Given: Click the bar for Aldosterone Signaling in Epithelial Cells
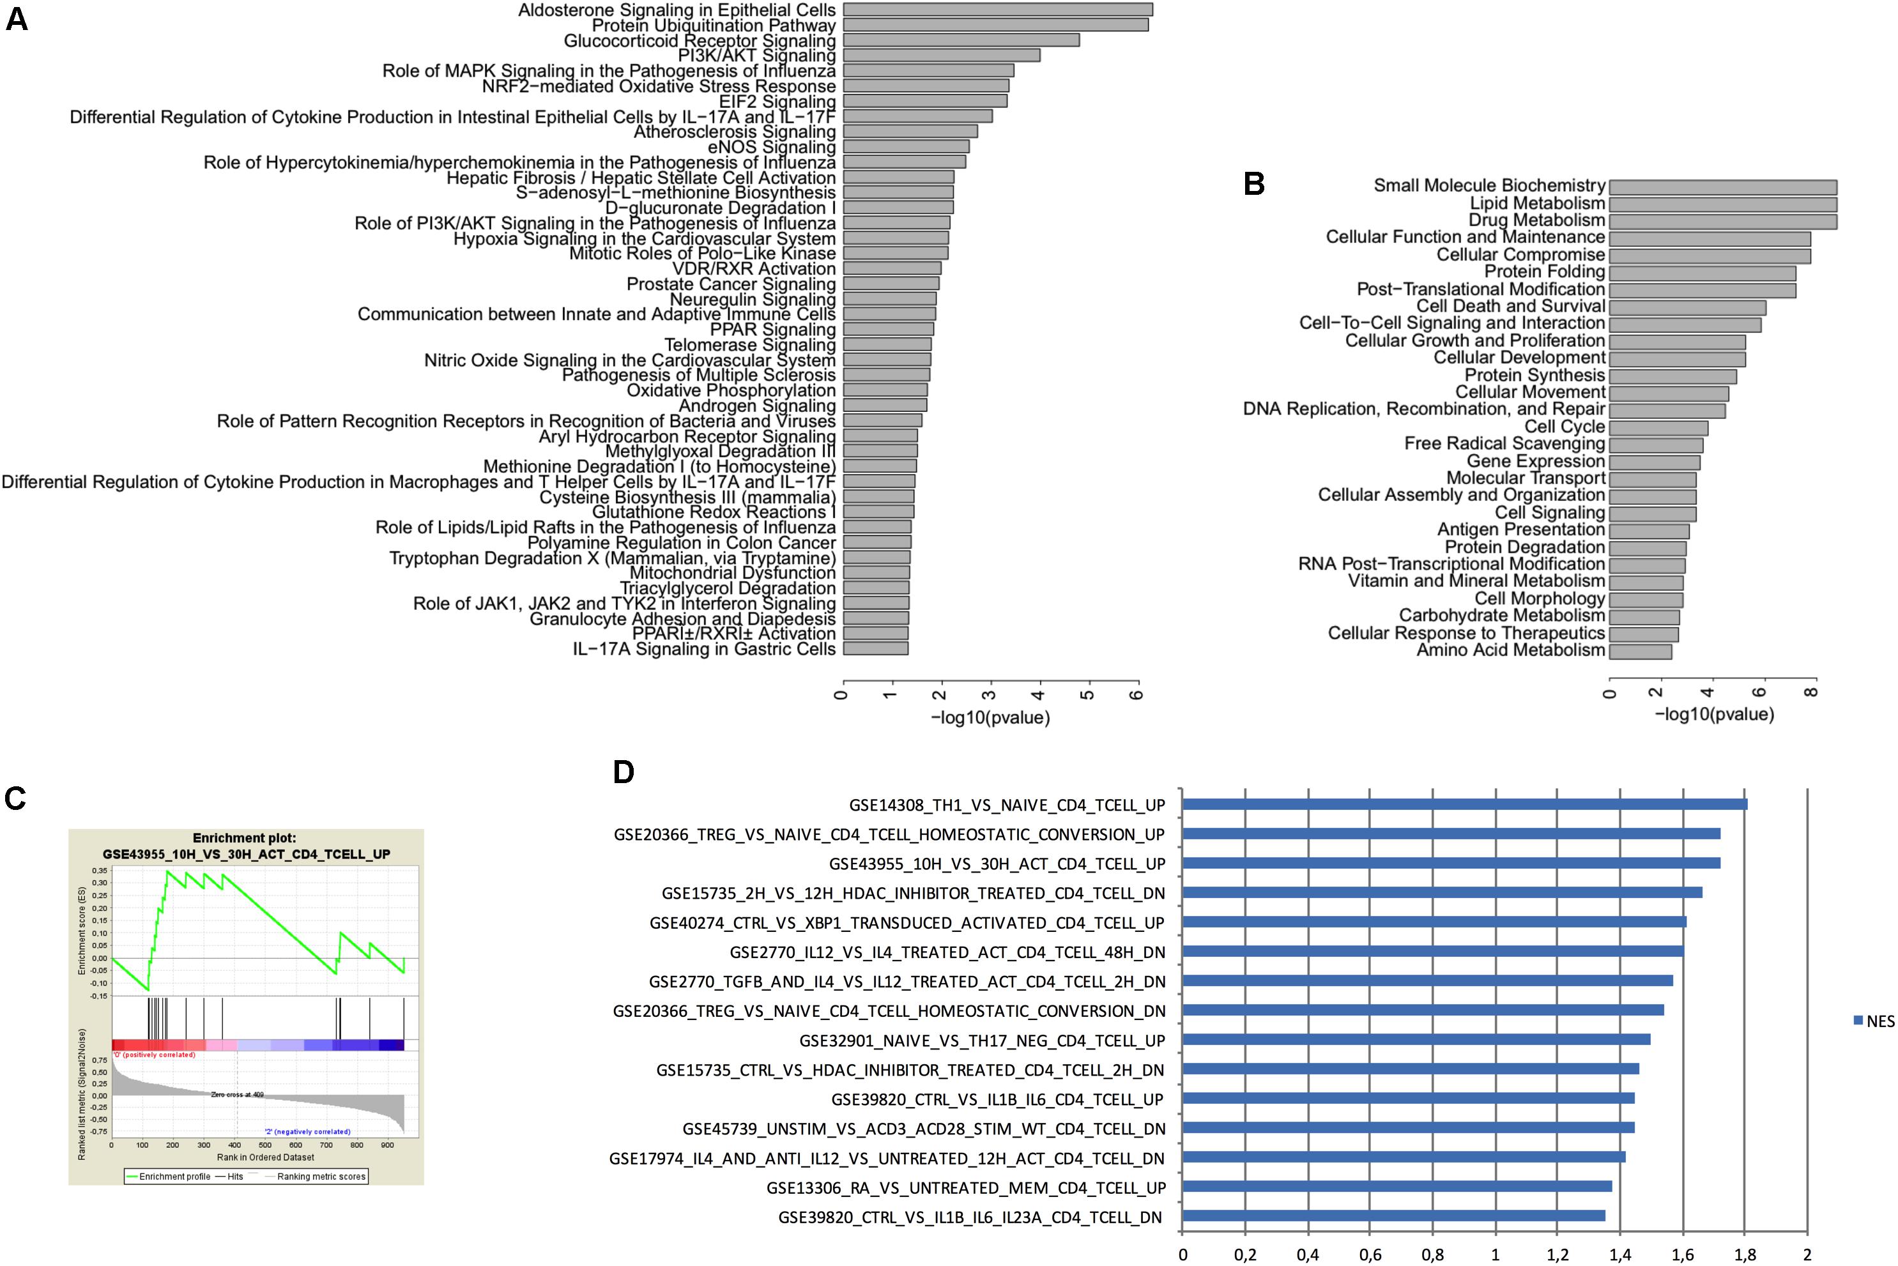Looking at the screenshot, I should point(997,10).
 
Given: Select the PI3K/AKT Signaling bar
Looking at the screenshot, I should point(941,56).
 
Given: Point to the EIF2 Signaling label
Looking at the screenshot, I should point(777,102).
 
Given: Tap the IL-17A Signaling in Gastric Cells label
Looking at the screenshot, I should point(704,649).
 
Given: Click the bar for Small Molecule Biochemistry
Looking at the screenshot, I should point(1722,187).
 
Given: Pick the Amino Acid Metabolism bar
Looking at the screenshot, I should point(1640,652).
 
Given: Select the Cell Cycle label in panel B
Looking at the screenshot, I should point(1564,426).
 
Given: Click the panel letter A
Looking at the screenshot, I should point(17,19).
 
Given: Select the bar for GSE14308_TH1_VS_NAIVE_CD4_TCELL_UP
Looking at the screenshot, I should point(1464,804).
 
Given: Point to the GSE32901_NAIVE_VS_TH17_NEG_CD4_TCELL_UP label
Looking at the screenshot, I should point(982,1041).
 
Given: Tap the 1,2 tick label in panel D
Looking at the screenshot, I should point(1557,1255).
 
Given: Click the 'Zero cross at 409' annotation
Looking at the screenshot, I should point(238,1095).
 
